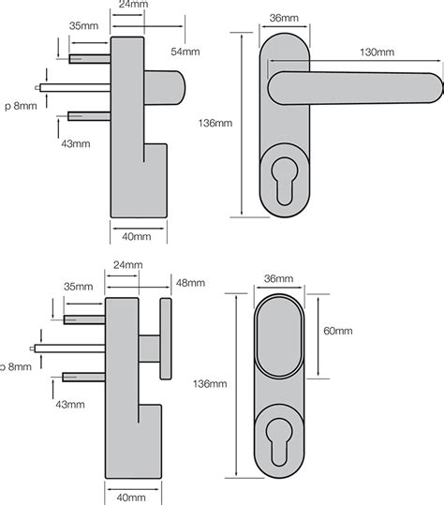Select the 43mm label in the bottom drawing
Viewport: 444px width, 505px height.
click(71, 405)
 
